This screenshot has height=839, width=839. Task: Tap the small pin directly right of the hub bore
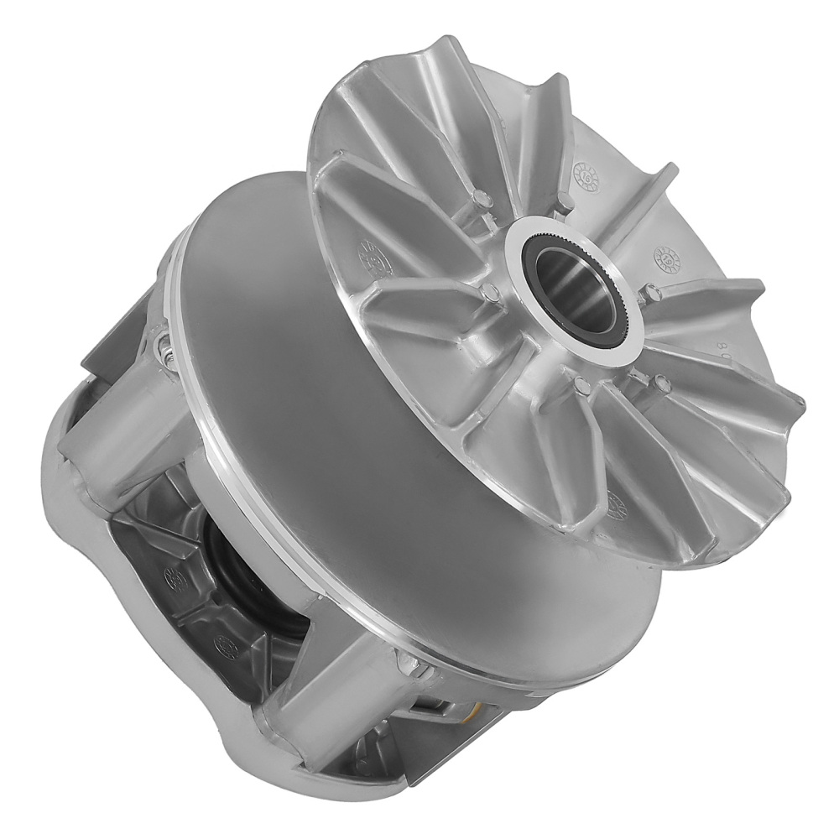coord(651,293)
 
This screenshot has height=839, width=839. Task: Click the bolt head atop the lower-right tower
coord(411,664)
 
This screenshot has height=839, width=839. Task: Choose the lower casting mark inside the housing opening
coord(224,646)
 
